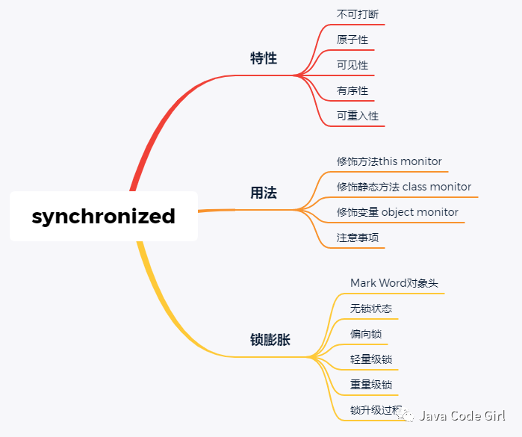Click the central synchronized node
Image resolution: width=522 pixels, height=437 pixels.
(104, 217)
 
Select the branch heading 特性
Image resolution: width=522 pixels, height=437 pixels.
(264, 58)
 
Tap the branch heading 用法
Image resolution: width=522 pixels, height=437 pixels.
(264, 193)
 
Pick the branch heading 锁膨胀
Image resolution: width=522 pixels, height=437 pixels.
(270, 340)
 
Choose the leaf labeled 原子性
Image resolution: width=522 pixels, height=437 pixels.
(352, 40)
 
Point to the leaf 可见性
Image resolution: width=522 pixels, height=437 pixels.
(352, 65)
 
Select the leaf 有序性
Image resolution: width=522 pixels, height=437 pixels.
(352, 90)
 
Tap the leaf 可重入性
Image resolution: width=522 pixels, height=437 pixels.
(358, 116)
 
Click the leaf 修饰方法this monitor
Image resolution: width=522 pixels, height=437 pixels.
(389, 161)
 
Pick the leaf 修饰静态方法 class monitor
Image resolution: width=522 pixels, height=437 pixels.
(404, 187)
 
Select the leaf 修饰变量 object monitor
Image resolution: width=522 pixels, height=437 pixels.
(397, 212)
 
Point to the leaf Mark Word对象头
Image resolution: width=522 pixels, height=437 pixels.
(394, 283)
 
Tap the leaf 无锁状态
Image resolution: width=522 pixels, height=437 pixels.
(371, 309)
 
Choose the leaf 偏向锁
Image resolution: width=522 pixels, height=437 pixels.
(366, 334)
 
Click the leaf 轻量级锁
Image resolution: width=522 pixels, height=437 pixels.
(371, 359)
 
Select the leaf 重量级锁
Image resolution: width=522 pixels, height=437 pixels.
(371, 385)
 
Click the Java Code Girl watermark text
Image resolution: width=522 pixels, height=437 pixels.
(462, 416)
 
